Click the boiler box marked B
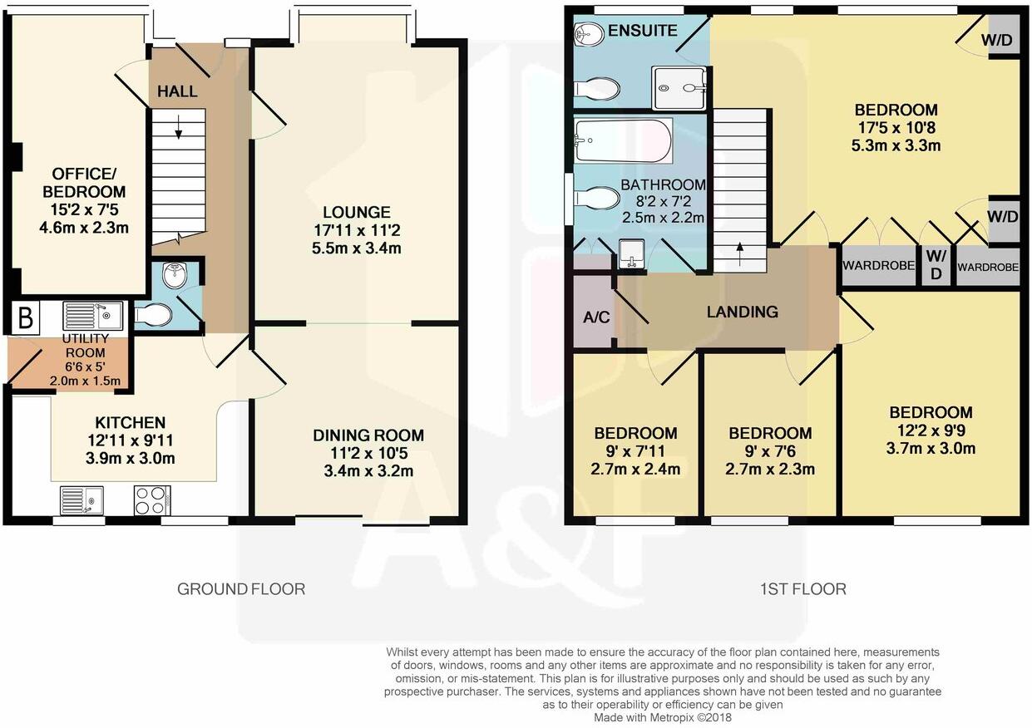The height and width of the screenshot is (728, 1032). click(x=24, y=317)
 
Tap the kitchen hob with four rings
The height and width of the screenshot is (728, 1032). click(x=151, y=499)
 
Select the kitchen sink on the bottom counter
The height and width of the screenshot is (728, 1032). click(x=82, y=499)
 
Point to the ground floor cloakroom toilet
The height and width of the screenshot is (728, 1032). click(x=153, y=315)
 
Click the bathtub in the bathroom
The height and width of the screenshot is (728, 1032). click(x=623, y=140)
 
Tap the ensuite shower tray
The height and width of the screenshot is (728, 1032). click(x=679, y=87)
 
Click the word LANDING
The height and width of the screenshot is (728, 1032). click(x=742, y=312)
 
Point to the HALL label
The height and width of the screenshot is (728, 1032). click(x=177, y=91)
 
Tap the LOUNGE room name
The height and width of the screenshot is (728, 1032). click(x=358, y=213)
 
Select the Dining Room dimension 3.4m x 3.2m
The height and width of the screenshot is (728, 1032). click(x=368, y=471)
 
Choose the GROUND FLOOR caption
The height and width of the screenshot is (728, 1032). click(x=241, y=589)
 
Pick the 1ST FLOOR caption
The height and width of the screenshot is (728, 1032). click(x=802, y=589)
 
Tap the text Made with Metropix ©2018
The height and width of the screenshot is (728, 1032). click(x=663, y=716)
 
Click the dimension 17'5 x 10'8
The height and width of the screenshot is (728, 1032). click(x=896, y=128)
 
